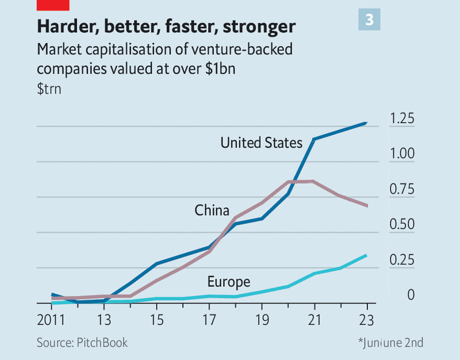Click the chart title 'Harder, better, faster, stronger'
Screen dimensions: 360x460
click(166, 26)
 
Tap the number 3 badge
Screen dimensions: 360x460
click(369, 20)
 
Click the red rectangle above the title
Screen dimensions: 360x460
click(52, 5)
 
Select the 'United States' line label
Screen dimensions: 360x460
click(261, 142)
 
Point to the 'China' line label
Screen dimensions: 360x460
click(212, 210)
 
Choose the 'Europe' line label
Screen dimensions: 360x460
click(228, 282)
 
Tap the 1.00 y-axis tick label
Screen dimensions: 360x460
click(401, 154)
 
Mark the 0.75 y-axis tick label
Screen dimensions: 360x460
click(401, 189)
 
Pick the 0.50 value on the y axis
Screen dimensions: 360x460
click(401, 224)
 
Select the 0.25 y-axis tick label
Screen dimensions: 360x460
click(401, 260)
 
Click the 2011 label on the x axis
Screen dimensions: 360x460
click(51, 319)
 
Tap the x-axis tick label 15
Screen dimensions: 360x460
click(156, 319)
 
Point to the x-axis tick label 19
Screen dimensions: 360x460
click(262, 319)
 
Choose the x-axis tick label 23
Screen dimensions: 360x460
click(367, 319)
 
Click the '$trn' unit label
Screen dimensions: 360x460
click(49, 89)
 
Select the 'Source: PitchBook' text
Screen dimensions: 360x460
click(82, 343)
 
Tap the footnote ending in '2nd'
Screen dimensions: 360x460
click(391, 343)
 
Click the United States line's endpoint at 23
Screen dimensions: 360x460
click(367, 122)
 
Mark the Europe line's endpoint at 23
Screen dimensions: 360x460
click(367, 255)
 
